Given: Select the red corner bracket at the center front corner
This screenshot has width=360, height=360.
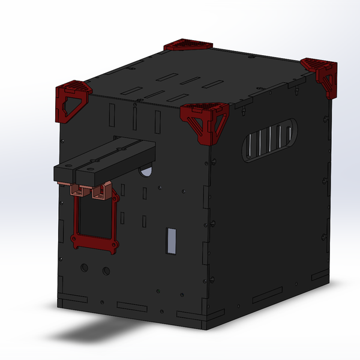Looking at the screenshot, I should [205, 119].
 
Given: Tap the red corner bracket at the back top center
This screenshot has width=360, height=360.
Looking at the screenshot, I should [187, 45].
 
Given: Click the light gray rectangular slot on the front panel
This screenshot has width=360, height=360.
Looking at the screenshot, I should [171, 241].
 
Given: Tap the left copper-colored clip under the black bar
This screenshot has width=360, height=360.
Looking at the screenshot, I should [76, 190].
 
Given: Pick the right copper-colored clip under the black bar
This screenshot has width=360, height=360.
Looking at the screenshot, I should [98, 191].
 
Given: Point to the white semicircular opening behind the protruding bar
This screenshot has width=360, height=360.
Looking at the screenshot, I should [146, 172].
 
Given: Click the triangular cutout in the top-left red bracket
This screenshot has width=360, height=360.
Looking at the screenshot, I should [68, 107].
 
